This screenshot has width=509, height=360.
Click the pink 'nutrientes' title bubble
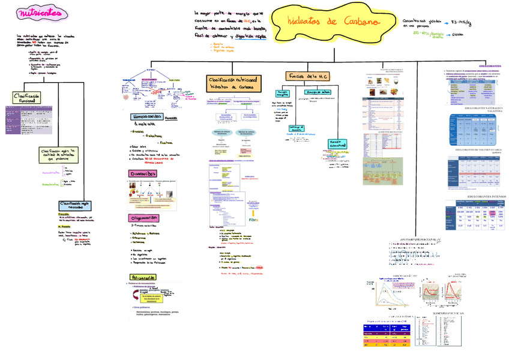[x=40, y=13]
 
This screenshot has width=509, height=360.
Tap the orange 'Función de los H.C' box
[x=307, y=77]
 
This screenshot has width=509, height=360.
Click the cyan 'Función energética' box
[x=282, y=94]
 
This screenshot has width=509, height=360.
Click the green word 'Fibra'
[x=253, y=220]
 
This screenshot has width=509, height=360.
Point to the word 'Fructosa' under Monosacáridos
[x=166, y=142]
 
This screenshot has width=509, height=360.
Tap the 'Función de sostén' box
[x=318, y=92]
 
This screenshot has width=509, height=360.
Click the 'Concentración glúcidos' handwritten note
[x=417, y=23]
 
